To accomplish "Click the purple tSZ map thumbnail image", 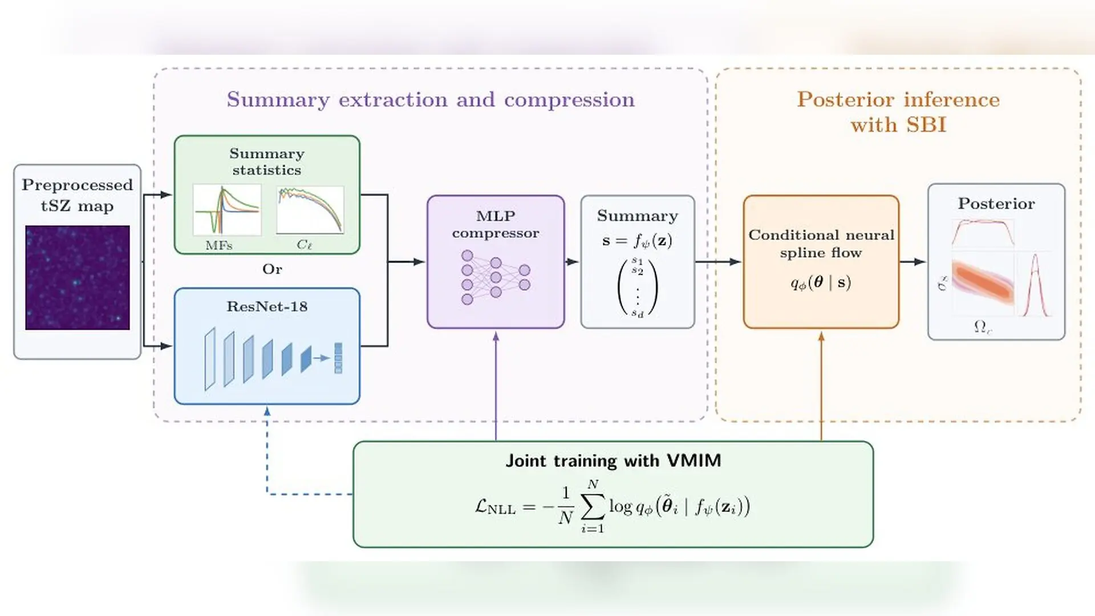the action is point(78,278).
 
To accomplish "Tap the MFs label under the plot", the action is point(219,246).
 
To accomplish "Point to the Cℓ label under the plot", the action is point(304,245).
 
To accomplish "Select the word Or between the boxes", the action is point(272,269).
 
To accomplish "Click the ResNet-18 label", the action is point(267,307).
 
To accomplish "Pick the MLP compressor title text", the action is point(496,224).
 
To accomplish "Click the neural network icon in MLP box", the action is point(496,277).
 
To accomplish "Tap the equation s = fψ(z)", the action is point(637,241).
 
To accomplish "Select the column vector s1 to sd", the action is point(638,287).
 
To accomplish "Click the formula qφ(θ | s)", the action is point(821,283).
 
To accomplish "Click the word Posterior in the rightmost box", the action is point(996,204).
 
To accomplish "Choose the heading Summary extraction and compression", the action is point(431,100).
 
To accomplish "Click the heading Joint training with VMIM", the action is point(613,461).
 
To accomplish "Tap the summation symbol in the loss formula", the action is point(593,506).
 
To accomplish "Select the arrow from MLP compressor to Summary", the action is point(572,262).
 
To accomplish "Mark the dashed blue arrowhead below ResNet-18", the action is point(267,411).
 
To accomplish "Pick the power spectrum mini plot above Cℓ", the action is point(310,210).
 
